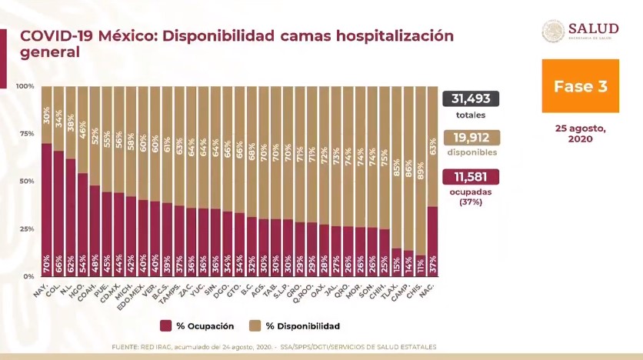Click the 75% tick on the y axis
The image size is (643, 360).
(26, 134)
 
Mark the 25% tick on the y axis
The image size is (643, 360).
(26, 229)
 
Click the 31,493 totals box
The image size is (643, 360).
(471, 98)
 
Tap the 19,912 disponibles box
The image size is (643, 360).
(471, 138)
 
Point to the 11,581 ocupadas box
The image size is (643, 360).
(471, 177)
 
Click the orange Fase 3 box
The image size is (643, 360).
(580, 85)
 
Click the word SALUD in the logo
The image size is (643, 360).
(593, 28)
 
